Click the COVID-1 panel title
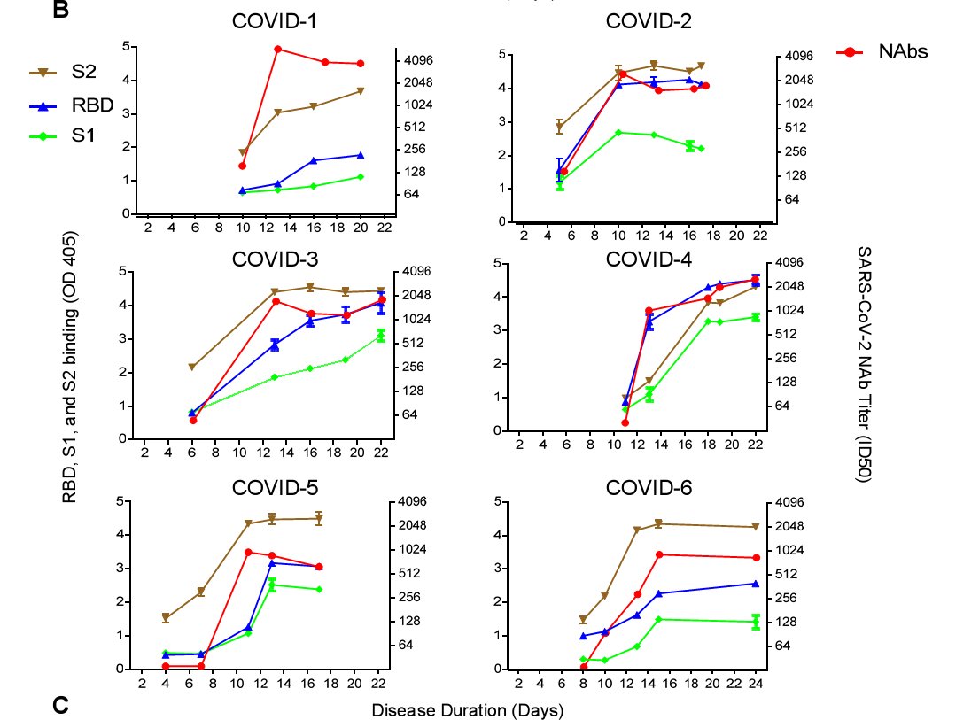click(268, 20)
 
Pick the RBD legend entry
click(92, 105)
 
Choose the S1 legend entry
click(84, 135)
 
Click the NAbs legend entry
click(903, 51)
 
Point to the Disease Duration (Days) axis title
click(467, 709)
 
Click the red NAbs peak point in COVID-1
click(277, 49)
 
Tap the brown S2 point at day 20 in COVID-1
click(361, 90)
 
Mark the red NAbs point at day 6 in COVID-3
click(192, 420)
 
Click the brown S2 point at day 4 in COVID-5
click(166, 618)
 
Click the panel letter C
click(59, 705)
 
